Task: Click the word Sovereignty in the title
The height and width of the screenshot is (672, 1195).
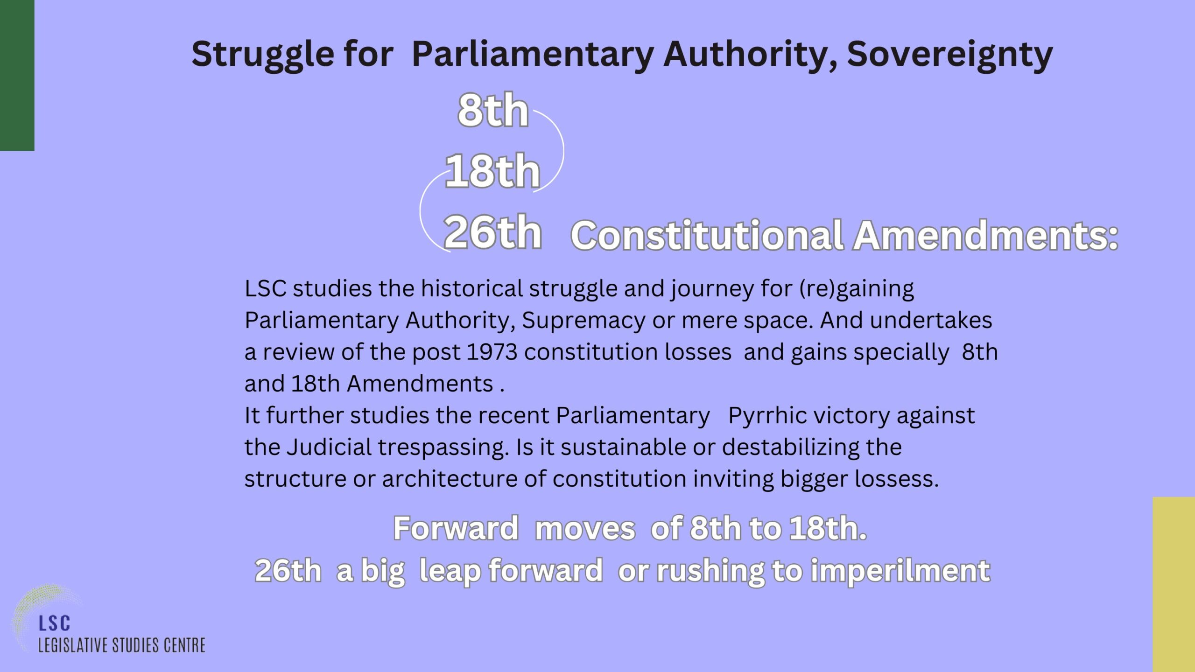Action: pos(949,55)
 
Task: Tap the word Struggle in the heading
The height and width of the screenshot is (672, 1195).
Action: pos(263,55)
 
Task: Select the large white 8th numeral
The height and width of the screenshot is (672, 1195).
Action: pos(493,110)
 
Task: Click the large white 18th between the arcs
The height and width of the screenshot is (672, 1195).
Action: pos(493,171)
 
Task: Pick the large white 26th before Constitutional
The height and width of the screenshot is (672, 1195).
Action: pos(493,232)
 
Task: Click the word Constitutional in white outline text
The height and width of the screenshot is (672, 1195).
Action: pos(707,235)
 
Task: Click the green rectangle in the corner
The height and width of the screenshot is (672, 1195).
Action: pos(17,75)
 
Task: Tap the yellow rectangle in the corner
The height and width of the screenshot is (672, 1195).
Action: pos(1174,584)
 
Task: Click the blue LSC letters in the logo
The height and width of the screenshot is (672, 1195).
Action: pos(55,623)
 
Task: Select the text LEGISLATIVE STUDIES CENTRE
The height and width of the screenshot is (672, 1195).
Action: pos(122,645)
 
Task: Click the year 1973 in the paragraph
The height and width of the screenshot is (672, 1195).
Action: pos(492,352)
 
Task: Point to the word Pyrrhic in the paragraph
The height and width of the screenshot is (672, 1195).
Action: pos(766,416)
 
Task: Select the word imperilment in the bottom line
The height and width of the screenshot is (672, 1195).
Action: pos(900,571)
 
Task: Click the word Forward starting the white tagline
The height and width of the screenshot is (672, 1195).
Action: pos(456,528)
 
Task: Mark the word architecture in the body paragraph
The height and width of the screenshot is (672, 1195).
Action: pos(450,479)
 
